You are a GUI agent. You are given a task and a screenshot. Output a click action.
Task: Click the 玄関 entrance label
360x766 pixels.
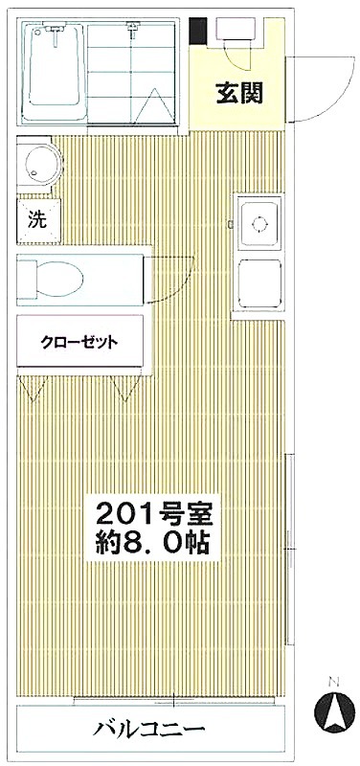[x=239, y=94]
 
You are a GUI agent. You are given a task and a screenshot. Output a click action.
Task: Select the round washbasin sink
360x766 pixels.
[x=41, y=161]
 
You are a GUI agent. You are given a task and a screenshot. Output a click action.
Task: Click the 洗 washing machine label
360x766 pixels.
[x=36, y=220]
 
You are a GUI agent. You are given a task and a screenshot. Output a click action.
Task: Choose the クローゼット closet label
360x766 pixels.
[x=79, y=343]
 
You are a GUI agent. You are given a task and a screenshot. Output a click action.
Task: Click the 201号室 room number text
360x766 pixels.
[x=153, y=513]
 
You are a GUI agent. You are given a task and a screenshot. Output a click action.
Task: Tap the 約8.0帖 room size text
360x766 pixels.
[x=153, y=541]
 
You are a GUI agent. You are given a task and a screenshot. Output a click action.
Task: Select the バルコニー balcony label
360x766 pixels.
[x=148, y=730]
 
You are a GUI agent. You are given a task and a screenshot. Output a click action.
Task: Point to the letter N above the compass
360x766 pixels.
[x=334, y=680]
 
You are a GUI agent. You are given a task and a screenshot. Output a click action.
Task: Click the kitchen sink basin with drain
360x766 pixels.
[x=259, y=223]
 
